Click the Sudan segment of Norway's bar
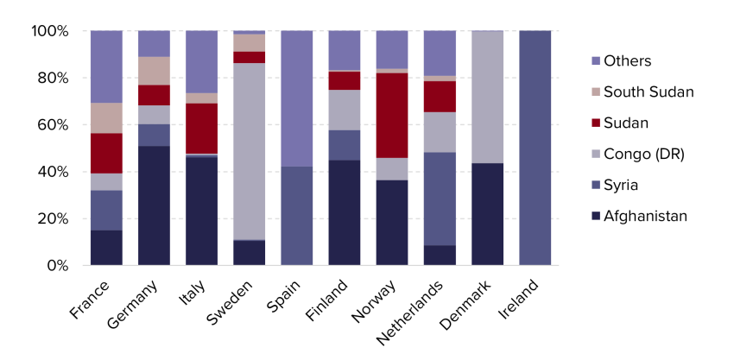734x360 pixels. pyautogui.click(x=392, y=115)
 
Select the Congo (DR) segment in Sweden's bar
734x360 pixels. pyautogui.click(x=249, y=152)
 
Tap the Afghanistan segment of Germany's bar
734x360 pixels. pyautogui.click(x=154, y=205)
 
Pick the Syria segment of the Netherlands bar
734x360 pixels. pyautogui.click(x=440, y=199)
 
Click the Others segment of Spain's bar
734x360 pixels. pyautogui.click(x=297, y=98)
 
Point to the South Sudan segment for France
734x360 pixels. pyautogui.click(x=107, y=118)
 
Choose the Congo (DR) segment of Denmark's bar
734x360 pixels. pyautogui.click(x=487, y=97)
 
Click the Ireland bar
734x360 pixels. pyautogui.click(x=535, y=148)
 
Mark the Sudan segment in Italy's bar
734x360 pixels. pyautogui.click(x=202, y=129)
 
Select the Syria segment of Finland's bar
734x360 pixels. pyautogui.click(x=345, y=145)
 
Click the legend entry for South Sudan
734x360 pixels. pyautogui.click(x=642, y=92)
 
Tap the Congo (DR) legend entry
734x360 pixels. pyautogui.click(x=638, y=154)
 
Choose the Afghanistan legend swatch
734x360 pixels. pyautogui.click(x=596, y=217)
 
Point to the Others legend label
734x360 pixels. pyautogui.click(x=627, y=60)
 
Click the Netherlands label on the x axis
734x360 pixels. pyautogui.click(x=409, y=313)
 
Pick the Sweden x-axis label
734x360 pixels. pyautogui.click(x=230, y=302)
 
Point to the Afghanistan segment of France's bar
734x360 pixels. pyautogui.click(x=107, y=248)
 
